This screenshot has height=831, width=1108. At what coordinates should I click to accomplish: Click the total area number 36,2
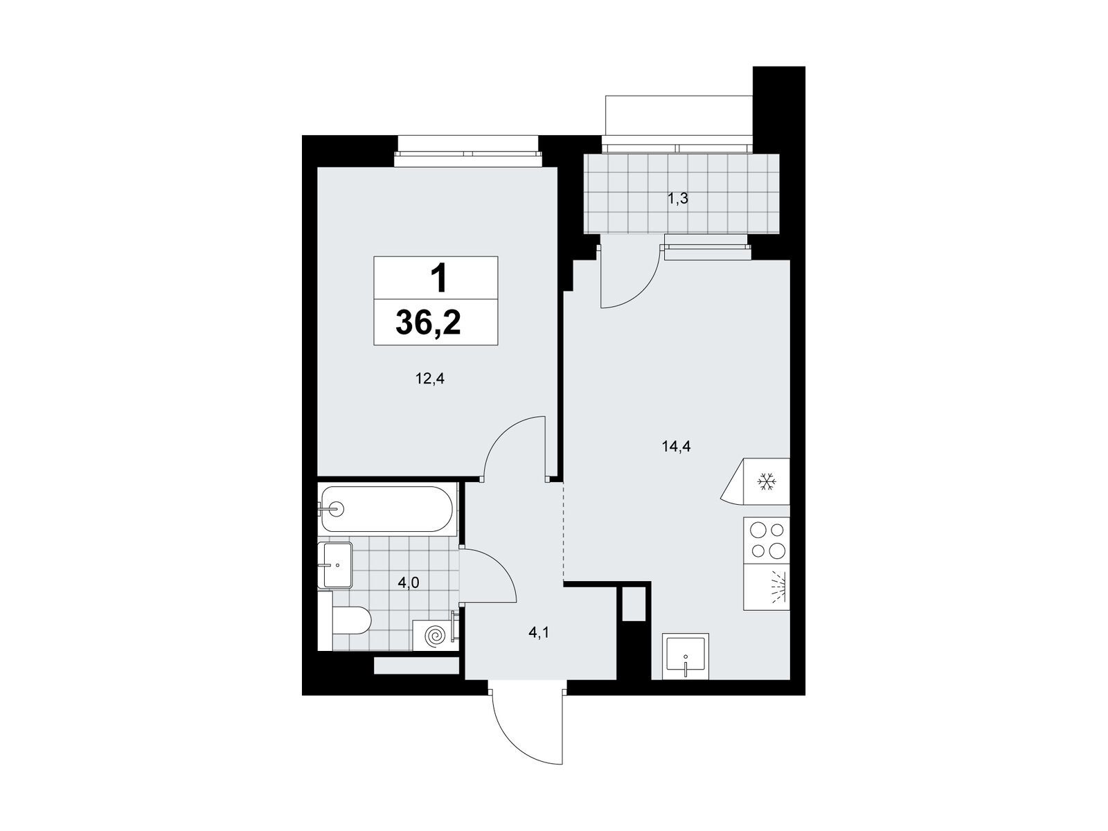click(x=428, y=322)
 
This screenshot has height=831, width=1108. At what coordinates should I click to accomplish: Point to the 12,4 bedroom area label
click(x=429, y=378)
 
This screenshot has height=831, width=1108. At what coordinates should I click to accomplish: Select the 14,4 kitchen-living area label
click(x=676, y=446)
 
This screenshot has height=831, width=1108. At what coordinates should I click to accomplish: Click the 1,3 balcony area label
click(x=677, y=199)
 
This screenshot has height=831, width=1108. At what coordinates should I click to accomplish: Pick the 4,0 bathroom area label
click(x=409, y=583)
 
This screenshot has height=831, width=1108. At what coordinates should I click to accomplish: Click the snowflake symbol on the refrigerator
click(x=767, y=481)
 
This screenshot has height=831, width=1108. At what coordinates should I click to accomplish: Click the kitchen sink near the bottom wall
click(x=686, y=656)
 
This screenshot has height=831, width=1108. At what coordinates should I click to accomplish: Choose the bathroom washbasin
click(x=334, y=565)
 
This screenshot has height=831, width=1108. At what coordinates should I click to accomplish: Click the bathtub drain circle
click(x=337, y=509)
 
